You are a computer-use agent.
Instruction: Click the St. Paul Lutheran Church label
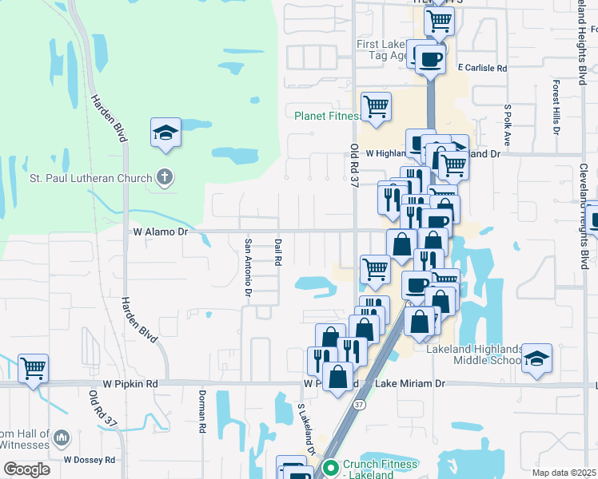[x=90, y=177]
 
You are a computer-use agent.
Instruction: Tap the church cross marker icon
[x=165, y=176]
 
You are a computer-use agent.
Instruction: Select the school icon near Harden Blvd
[x=165, y=133]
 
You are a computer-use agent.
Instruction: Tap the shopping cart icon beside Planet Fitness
[x=375, y=107]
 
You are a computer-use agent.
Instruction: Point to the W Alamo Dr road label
[x=160, y=232]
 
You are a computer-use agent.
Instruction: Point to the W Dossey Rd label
[x=90, y=460]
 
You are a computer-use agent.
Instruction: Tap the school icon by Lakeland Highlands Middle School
[x=537, y=359]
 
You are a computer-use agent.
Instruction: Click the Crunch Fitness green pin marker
[x=329, y=465]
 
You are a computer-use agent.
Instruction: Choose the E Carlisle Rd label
[x=482, y=69]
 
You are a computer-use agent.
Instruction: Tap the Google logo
[x=26, y=469]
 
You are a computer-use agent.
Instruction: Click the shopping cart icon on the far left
[x=33, y=369]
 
